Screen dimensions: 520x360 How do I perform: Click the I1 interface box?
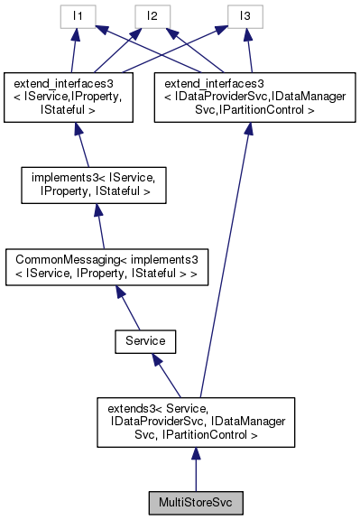[78, 16]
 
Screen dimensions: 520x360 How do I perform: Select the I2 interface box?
[150, 16]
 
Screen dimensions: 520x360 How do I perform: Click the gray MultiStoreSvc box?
[196, 501]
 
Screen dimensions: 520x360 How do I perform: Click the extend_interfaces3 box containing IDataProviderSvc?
[248, 97]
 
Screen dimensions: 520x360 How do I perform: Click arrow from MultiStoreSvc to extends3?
[196, 469]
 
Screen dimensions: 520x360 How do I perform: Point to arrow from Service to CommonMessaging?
[125, 311]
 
